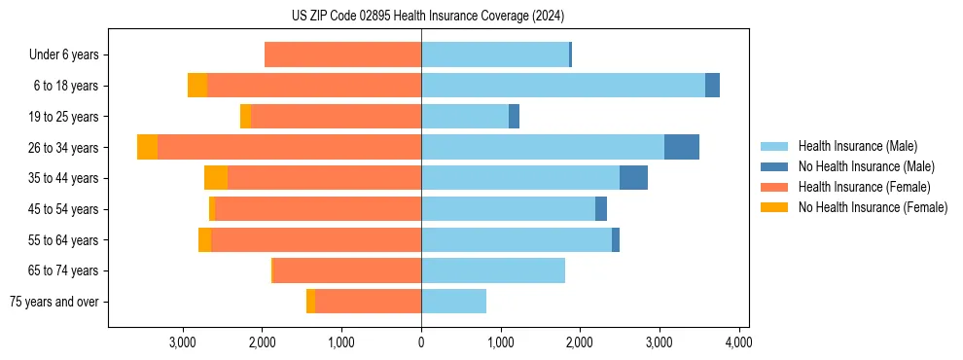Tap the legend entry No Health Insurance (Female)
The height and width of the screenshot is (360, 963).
point(873,207)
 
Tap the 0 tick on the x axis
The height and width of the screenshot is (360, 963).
point(421,342)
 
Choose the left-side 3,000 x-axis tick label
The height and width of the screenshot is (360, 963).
point(183,342)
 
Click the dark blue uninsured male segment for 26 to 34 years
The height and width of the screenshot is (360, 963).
point(681,147)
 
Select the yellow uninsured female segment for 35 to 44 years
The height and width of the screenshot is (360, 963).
point(216,178)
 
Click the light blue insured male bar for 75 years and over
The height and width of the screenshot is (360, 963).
point(453,302)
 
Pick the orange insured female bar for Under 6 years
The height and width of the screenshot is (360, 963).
point(342,54)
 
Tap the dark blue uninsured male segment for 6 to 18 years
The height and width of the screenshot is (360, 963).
point(712,86)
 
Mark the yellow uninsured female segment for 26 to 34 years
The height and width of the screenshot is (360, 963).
point(147,147)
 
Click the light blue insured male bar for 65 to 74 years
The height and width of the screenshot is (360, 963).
point(493,270)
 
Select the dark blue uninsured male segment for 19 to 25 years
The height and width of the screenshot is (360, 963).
point(514,117)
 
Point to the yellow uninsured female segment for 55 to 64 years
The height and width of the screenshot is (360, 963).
point(204,239)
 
